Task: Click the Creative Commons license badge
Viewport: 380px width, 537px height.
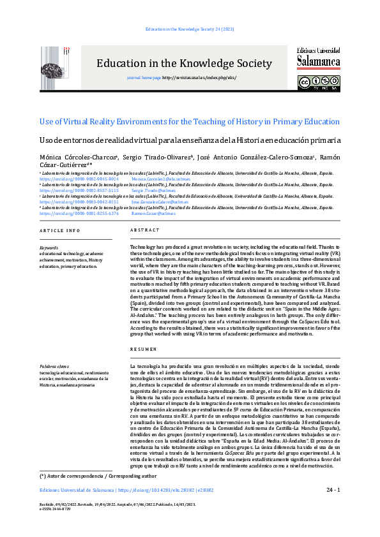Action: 319,84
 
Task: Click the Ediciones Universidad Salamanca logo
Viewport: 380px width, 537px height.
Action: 319,57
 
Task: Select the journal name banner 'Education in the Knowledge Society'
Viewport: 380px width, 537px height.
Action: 184,63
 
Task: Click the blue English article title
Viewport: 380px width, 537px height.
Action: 190,121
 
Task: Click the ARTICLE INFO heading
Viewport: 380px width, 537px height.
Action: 60,230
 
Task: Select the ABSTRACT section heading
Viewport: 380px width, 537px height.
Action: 141,230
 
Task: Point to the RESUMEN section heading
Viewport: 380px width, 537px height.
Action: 141,350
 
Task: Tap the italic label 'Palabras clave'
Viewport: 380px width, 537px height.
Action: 54,367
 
